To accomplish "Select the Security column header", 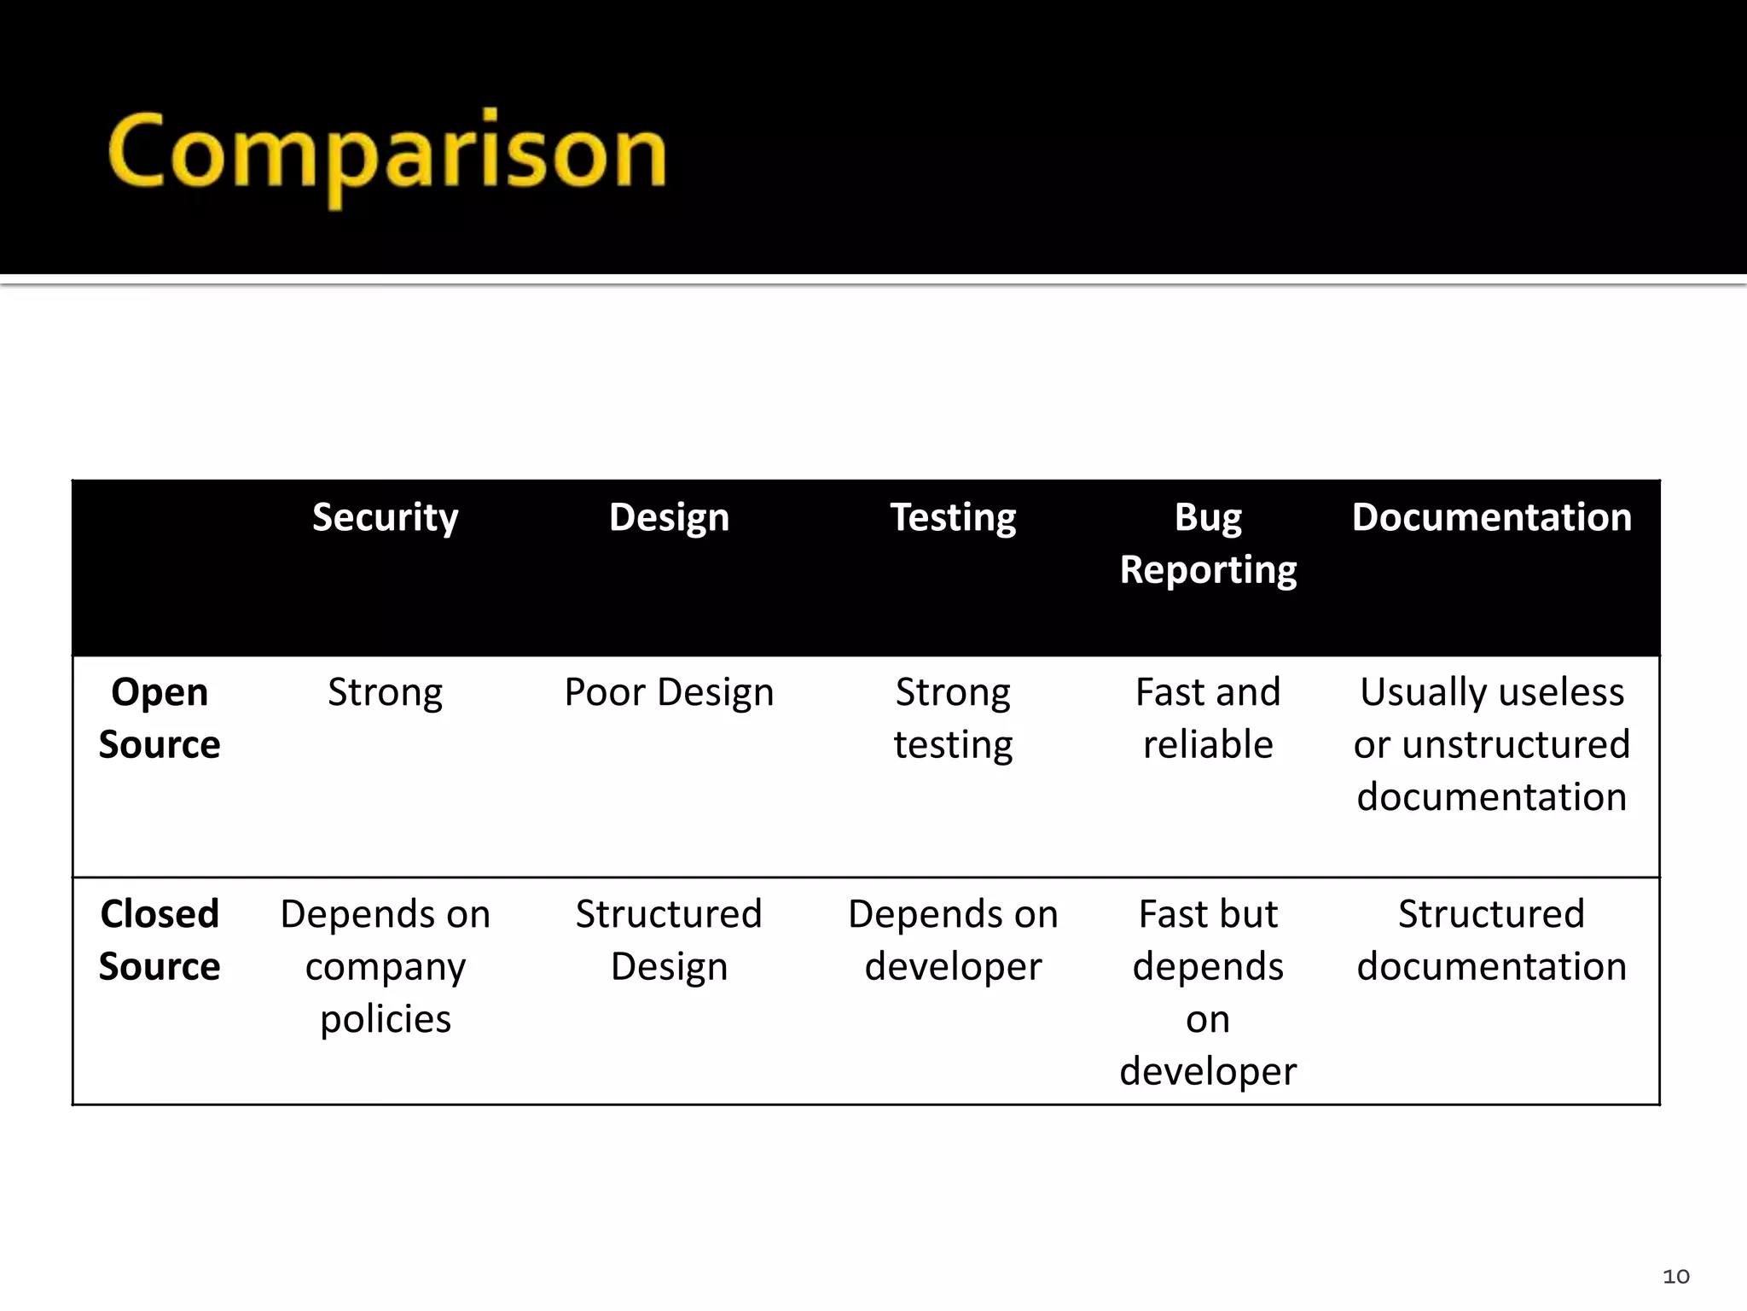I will (x=385, y=518).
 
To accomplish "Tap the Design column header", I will (x=669, y=518).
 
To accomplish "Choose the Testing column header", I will (x=953, y=518).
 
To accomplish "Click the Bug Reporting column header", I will (x=1208, y=544).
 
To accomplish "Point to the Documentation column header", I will (x=1491, y=518).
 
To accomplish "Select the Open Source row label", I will (x=160, y=718).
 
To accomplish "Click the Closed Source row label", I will (x=160, y=940).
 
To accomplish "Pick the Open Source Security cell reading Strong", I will (x=385, y=692).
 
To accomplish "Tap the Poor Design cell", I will (x=669, y=692).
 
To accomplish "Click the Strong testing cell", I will (x=953, y=718).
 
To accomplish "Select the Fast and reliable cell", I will (x=1208, y=718).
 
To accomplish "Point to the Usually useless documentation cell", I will (x=1491, y=743).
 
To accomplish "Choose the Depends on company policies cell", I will (x=385, y=966).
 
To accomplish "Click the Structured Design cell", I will (x=669, y=940).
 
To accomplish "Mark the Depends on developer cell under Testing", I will (x=953, y=940).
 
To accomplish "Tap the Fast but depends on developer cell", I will (x=1208, y=992).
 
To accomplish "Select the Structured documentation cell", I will (x=1491, y=940).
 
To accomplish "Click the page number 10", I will (x=1675, y=1276).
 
